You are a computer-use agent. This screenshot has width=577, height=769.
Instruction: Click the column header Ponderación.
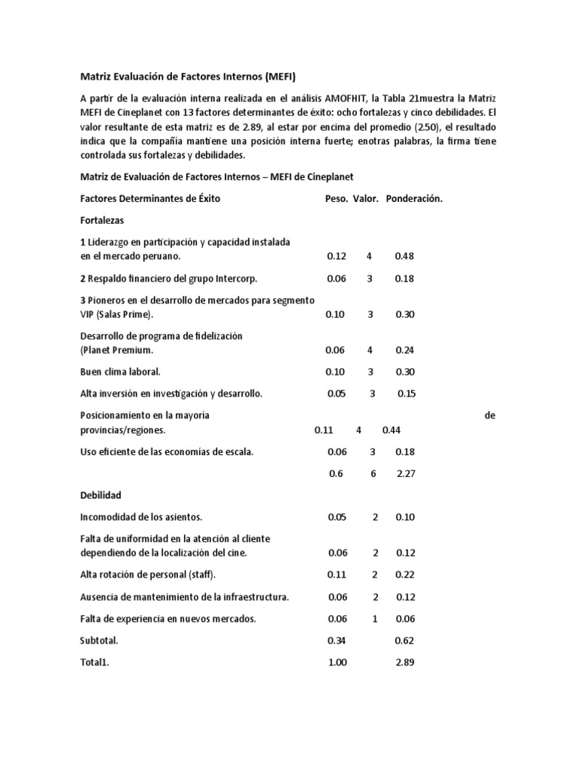click(x=414, y=199)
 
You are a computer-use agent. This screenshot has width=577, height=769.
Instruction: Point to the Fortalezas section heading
click(x=102, y=221)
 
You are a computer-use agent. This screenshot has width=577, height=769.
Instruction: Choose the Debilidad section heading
click(x=101, y=496)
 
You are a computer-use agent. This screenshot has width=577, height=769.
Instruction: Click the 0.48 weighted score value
click(x=404, y=256)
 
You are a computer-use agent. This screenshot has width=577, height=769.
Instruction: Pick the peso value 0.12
click(x=336, y=256)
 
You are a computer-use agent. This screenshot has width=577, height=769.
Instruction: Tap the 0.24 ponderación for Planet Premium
click(x=404, y=350)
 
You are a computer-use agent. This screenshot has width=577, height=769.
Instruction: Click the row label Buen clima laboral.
click(x=120, y=372)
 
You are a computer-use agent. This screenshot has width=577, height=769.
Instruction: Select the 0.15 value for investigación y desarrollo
click(x=406, y=394)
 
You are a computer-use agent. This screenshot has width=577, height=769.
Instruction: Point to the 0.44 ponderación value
click(x=391, y=430)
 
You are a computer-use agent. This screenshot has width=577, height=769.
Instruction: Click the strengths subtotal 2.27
click(x=406, y=474)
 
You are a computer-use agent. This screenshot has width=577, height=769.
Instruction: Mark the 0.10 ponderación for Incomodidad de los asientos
click(x=406, y=517)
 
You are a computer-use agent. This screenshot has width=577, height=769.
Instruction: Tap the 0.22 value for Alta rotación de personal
click(x=406, y=575)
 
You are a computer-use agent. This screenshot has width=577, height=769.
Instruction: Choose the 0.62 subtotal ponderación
click(x=406, y=641)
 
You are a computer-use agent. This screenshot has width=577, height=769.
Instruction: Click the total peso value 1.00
click(x=339, y=663)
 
